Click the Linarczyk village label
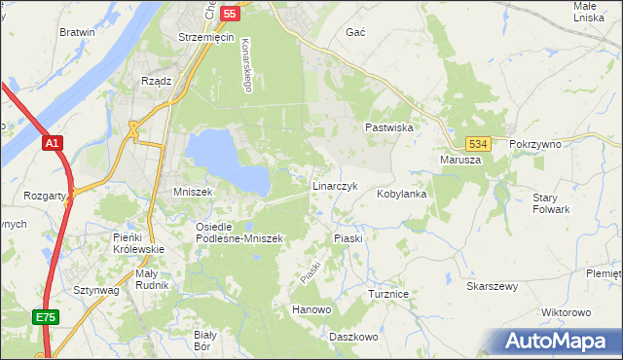point(336,185)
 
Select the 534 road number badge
point(476,143)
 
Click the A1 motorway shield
point(54,144)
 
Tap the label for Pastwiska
point(390,127)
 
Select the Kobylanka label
point(403,194)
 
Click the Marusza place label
point(460,161)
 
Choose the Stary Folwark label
point(551,203)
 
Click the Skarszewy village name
point(492,286)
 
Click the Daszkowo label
point(352,336)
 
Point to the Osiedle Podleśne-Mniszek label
point(238,232)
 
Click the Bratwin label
point(77,32)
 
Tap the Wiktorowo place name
point(566,312)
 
